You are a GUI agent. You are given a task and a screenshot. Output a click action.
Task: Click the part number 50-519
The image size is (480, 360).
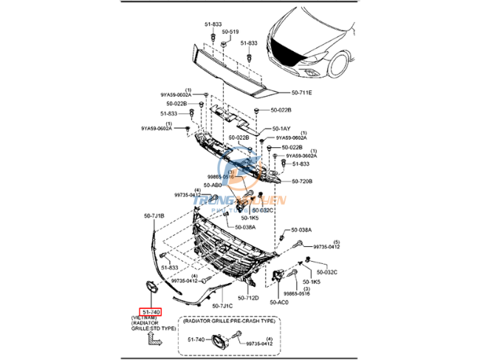pyautogui.click(x=232, y=33)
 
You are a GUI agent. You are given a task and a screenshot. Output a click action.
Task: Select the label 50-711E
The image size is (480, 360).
pyautogui.click(x=301, y=92)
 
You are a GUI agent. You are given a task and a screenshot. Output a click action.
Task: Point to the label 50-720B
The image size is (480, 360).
pyautogui.click(x=302, y=181)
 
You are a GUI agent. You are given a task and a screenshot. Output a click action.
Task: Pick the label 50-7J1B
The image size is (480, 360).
pyautogui.click(x=154, y=216)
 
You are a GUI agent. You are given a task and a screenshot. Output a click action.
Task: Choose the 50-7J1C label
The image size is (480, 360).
pyautogui.click(x=222, y=306)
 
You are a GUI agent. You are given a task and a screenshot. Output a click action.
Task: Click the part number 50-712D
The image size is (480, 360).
pyautogui.click(x=247, y=298)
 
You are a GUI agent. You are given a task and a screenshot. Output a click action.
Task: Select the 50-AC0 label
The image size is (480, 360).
pyautogui.click(x=279, y=302)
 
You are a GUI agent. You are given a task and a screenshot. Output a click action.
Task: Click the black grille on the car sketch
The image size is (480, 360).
pyautogui.click(x=285, y=52)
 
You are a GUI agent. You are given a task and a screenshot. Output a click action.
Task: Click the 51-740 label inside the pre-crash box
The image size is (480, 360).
pyautogui.click(x=196, y=339)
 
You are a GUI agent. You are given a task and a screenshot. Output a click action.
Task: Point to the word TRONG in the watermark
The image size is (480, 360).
pyautogui.click(x=209, y=200)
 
